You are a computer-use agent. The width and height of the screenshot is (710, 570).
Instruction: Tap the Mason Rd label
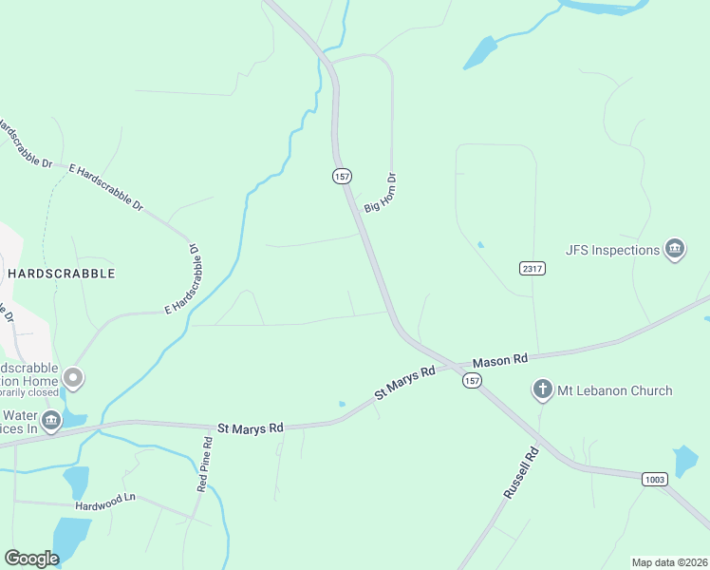tap(499, 360)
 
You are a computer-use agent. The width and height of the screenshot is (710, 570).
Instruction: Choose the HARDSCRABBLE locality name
tap(61, 274)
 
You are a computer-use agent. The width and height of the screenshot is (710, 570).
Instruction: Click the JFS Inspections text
tap(612, 250)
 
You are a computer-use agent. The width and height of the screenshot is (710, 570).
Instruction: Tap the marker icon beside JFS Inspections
tap(675, 250)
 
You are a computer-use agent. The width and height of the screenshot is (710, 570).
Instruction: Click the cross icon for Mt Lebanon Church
tap(542, 389)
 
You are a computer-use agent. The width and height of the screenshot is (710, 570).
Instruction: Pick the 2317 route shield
tap(532, 269)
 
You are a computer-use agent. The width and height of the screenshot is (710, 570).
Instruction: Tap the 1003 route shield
tap(653, 479)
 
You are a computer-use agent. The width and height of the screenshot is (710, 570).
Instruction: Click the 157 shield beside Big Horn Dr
tap(342, 177)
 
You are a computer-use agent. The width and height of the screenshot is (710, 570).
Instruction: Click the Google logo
tap(31, 559)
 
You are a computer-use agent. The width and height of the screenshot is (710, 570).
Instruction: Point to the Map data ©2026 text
tap(668, 561)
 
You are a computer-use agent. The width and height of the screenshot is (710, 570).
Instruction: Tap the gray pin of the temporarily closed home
tap(73, 380)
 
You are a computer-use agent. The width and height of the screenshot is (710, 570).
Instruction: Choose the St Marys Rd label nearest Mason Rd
tap(404, 380)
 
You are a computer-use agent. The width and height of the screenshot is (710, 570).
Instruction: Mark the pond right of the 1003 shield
tap(685, 461)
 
